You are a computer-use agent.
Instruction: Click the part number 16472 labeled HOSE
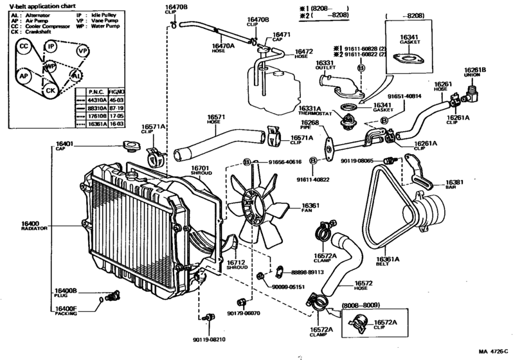304,51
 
